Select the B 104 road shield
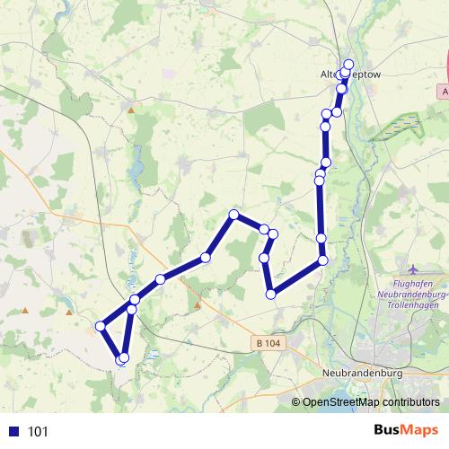click(x=267, y=343)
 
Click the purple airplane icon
click(x=412, y=269)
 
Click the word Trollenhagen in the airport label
click(x=414, y=306)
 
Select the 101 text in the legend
click(x=39, y=431)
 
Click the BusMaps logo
click(x=406, y=430)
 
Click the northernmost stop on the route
click(x=349, y=65)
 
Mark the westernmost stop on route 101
click(x=99, y=326)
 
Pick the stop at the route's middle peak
click(x=233, y=215)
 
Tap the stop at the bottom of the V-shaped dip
click(x=270, y=294)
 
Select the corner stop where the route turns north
click(x=323, y=260)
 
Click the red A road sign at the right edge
click(x=445, y=92)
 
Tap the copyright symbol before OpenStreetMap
click(x=296, y=402)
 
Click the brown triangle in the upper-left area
click(x=132, y=110)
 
